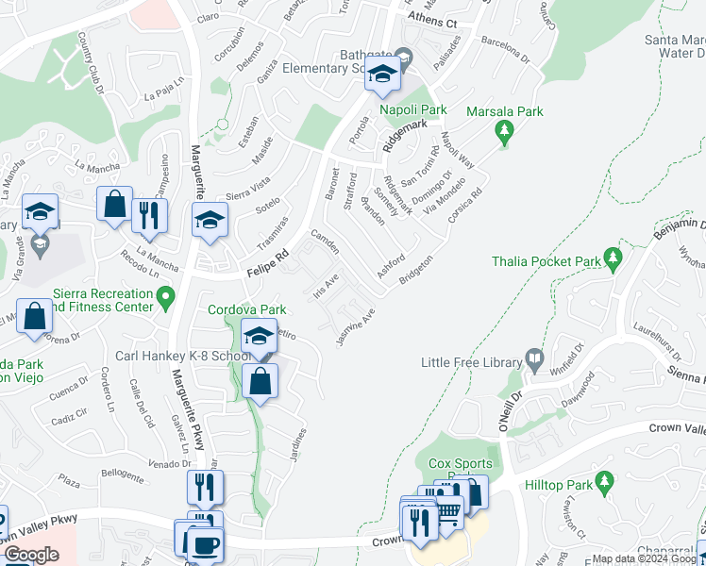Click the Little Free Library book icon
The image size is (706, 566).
point(535,358)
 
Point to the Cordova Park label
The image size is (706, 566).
point(248,308)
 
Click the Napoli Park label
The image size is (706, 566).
point(412,110)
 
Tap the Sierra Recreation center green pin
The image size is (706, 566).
point(166,300)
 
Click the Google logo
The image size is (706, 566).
point(31,555)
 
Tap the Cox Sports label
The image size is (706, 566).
point(461,463)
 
